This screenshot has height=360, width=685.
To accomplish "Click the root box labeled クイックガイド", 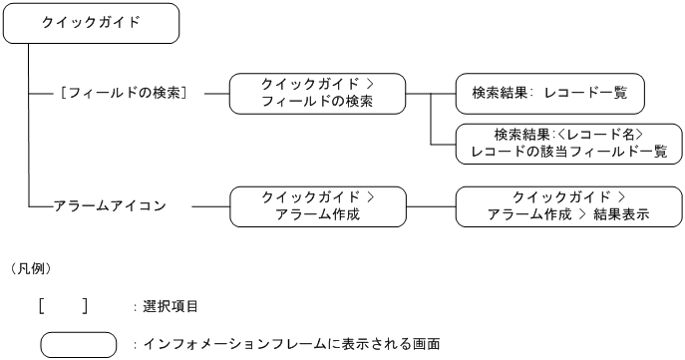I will pos(92,23).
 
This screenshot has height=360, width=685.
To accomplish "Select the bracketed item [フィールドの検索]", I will pos(126,93).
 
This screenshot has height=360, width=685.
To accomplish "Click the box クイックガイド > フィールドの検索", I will pos(317,93).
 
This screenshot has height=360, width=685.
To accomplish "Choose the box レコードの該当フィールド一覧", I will pos(568,143).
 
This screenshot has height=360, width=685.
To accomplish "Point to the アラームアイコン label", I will pos(111,206).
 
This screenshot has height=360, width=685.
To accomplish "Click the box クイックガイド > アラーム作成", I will pos(317,206).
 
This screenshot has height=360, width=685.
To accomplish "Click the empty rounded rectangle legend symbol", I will pos(79,344).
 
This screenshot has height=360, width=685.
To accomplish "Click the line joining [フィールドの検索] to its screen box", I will pos(215,94).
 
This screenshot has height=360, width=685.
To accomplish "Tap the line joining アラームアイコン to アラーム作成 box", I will pos(209,206).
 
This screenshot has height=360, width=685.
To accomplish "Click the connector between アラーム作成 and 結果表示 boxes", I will pos(430,206).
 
